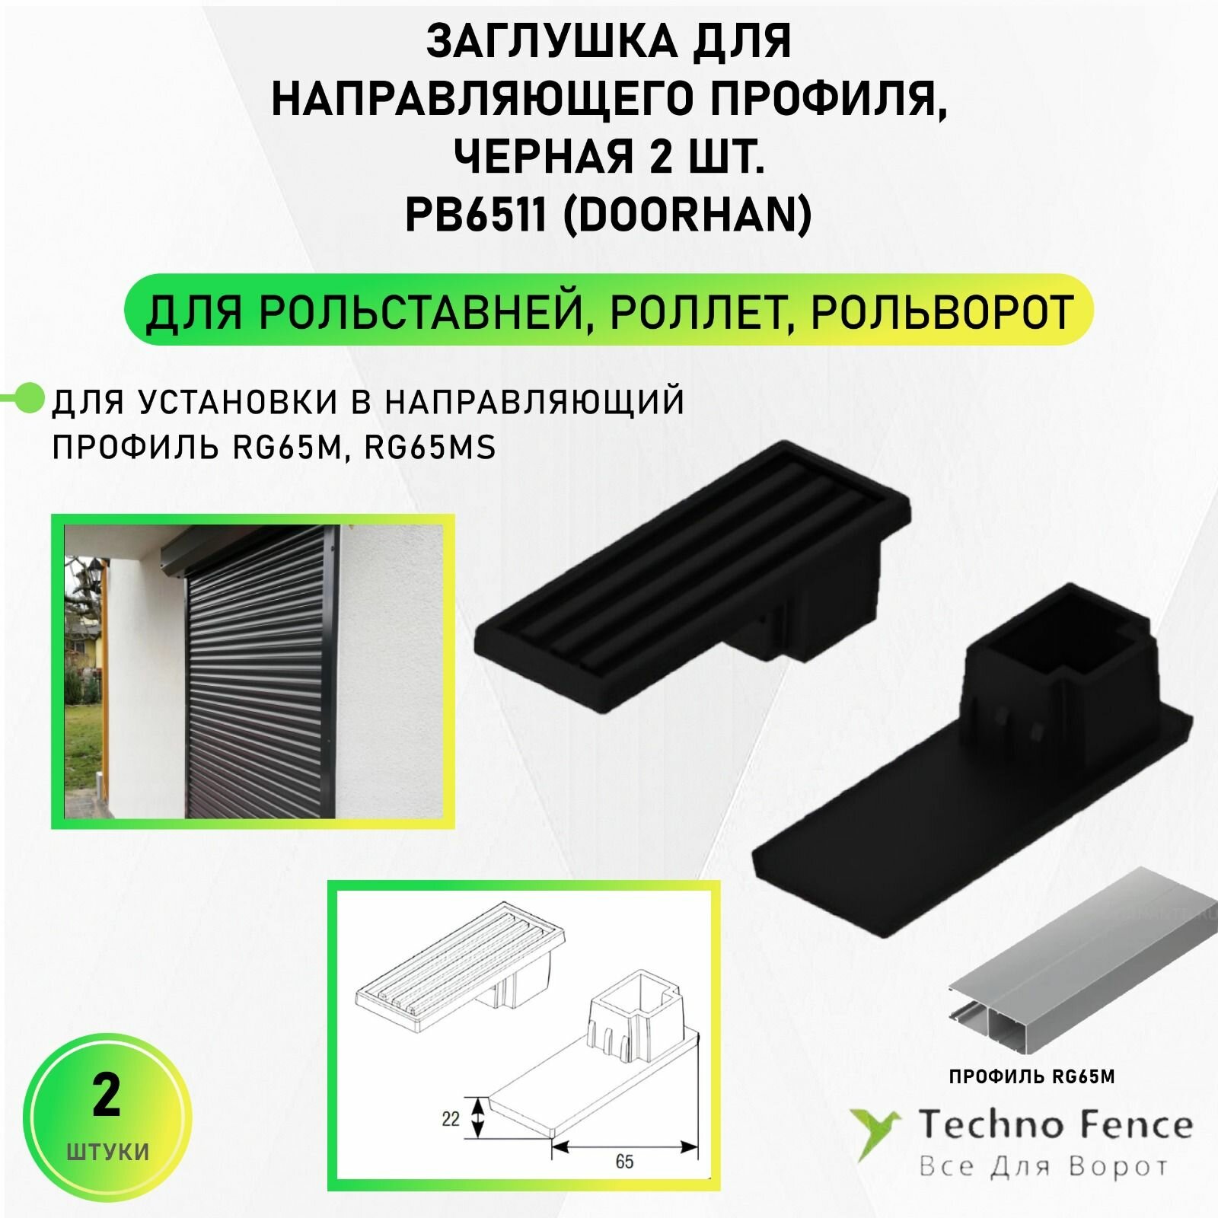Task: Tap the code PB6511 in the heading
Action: coord(476,215)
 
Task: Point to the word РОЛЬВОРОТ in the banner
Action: coord(942,311)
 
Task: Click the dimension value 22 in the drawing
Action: coord(451,1119)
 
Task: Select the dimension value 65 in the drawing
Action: coord(624,1162)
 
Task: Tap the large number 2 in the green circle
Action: coord(106,1096)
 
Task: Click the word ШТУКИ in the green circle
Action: coord(107,1151)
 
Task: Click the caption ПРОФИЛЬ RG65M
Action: coord(1031,1076)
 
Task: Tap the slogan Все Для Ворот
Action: coord(1043,1166)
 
